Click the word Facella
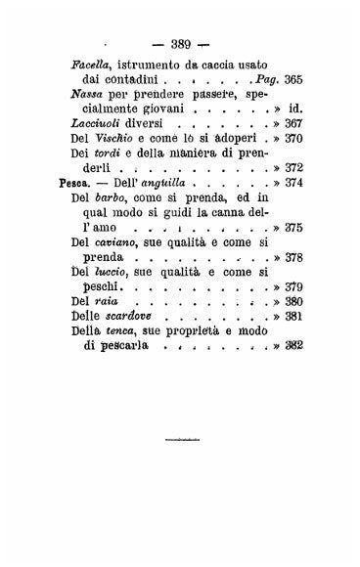(x=94, y=65)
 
